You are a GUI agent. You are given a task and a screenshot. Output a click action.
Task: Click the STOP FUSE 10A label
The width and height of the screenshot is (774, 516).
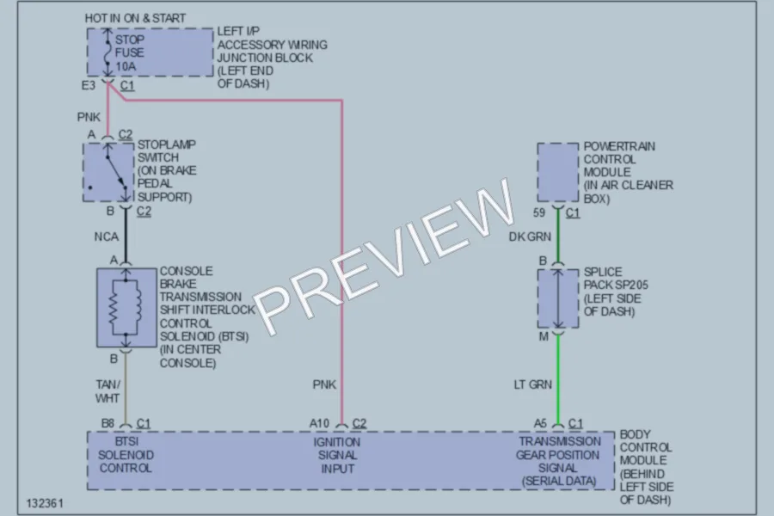tap(130, 52)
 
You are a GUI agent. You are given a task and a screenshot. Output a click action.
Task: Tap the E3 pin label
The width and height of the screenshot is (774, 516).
tap(89, 85)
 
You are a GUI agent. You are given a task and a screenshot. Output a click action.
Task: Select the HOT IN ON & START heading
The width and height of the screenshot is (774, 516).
tap(135, 18)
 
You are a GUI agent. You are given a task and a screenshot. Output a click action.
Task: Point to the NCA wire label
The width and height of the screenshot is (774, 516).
tap(107, 237)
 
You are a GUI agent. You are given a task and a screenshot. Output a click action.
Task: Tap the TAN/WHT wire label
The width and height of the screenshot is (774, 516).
tap(107, 391)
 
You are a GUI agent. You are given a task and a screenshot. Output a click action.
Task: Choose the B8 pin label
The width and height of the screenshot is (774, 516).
tap(107, 423)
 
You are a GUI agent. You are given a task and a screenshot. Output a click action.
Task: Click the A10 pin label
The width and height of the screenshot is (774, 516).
tap(319, 423)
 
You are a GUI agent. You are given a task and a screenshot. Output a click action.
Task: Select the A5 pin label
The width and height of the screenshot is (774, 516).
tap(541, 423)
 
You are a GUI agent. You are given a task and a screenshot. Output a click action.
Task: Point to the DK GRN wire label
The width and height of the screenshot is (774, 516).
tap(530, 237)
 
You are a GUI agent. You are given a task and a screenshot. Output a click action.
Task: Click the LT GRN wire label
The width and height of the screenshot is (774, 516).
tap(533, 384)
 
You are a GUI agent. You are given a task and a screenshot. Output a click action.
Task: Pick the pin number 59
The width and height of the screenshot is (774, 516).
tap(539, 212)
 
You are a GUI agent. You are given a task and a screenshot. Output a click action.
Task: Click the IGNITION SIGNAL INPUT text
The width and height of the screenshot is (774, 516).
tap(338, 455)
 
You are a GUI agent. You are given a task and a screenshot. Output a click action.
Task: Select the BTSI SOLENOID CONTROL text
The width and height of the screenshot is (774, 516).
tap(126, 455)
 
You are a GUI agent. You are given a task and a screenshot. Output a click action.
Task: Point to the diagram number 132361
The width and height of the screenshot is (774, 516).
tap(45, 503)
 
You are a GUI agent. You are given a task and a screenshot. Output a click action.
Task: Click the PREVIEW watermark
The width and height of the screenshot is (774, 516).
tap(385, 257)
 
